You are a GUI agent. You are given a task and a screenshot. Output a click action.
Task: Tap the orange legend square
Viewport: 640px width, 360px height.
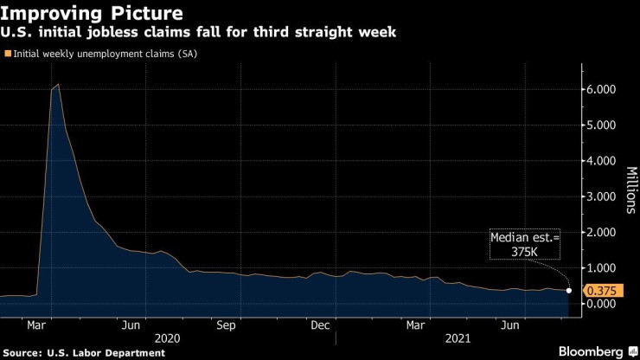click(8, 54)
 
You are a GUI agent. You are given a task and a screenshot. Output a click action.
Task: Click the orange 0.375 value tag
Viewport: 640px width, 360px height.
click(600, 291)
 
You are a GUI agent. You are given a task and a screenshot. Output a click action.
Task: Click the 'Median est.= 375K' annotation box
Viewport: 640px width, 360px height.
click(525, 244)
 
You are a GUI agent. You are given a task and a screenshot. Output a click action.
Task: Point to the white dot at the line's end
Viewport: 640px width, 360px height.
click(569, 290)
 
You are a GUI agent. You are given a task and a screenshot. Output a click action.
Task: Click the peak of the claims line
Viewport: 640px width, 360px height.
click(58, 85)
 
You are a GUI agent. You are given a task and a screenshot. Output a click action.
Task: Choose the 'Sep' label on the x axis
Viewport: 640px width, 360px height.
click(227, 325)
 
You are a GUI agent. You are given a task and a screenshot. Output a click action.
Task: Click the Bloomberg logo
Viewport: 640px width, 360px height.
click(586, 350)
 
